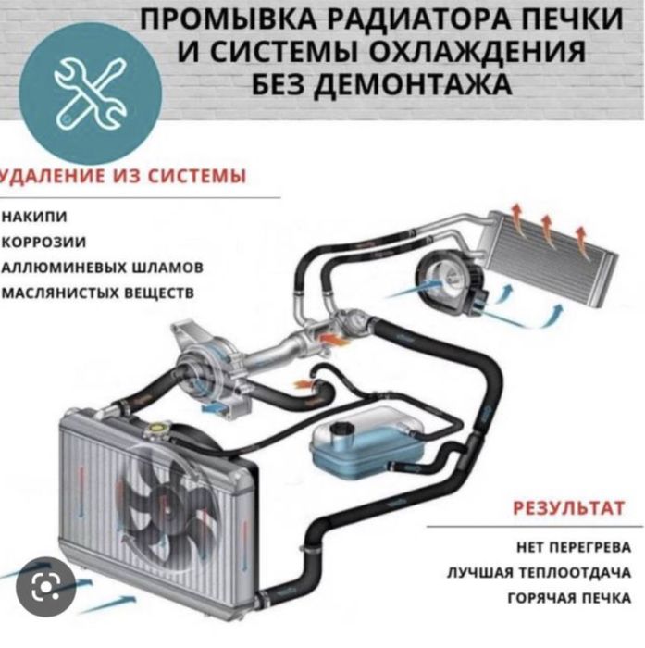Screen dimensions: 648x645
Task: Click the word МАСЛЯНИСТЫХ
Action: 59,293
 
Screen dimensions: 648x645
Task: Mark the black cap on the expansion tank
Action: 340,428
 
